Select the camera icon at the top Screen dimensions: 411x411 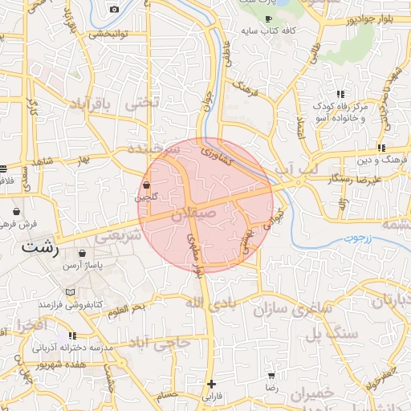114,9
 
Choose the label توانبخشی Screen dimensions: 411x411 108,35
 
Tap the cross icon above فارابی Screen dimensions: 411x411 211,384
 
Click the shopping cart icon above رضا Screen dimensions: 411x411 271,375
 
